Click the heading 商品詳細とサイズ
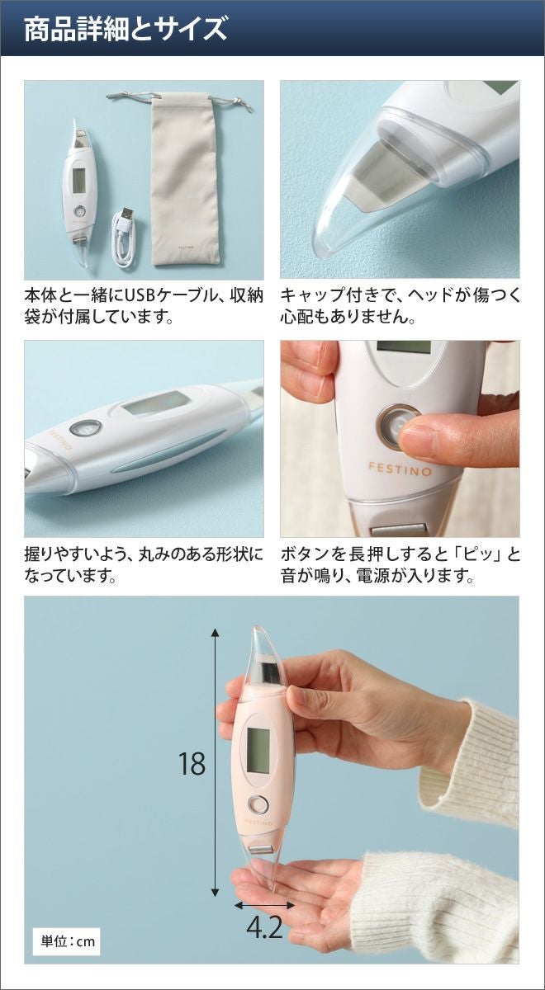pyautogui.click(x=126, y=30)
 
